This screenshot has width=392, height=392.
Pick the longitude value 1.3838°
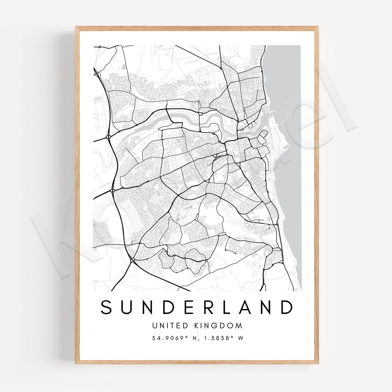point(219,338)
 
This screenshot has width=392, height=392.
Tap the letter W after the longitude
point(240,338)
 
